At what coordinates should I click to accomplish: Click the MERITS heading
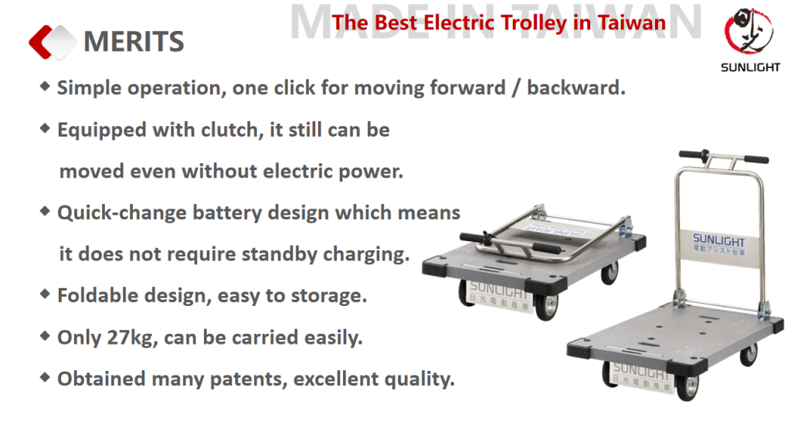pyautogui.click(x=134, y=42)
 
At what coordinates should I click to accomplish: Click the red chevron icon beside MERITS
pyautogui.click(x=40, y=42)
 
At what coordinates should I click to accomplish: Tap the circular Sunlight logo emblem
pyautogui.click(x=749, y=31)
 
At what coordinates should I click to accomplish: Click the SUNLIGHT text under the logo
pyautogui.click(x=750, y=67)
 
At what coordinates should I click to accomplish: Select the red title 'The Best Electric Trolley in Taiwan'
pyautogui.click(x=498, y=22)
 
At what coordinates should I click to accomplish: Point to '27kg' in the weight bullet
pyautogui.click(x=130, y=338)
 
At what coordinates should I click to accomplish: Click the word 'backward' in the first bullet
pyautogui.click(x=572, y=88)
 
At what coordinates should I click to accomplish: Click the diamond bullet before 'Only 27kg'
pyautogui.click(x=45, y=335)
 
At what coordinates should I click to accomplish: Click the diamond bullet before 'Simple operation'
pyautogui.click(x=45, y=87)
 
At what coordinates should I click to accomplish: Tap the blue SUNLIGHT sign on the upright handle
pyautogui.click(x=718, y=245)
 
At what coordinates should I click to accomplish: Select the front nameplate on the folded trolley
pyautogui.click(x=500, y=296)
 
